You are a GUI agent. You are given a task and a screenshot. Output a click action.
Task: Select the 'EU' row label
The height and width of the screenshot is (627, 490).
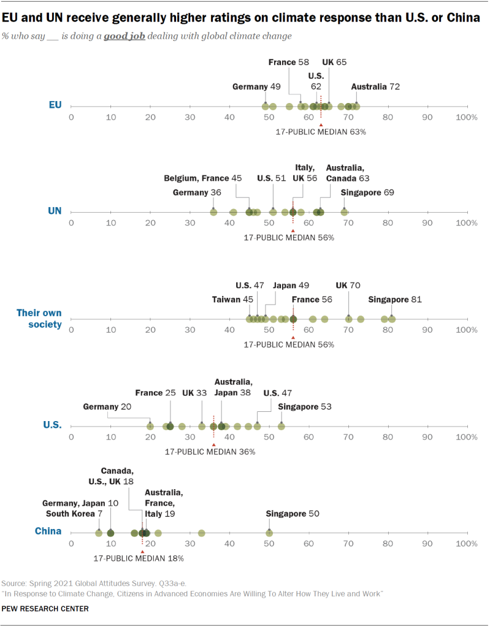[x=55, y=105]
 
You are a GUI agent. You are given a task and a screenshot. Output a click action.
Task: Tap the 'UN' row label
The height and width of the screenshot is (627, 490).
[x=55, y=211]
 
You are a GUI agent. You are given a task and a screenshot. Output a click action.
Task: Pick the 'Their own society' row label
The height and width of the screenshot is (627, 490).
[x=39, y=319]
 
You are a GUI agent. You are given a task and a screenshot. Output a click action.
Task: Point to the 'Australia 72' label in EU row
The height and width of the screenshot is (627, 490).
[x=375, y=87]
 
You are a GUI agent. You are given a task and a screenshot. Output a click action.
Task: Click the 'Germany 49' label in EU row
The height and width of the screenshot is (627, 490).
[x=257, y=87]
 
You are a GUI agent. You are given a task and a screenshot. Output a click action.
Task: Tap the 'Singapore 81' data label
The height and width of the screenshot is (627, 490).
[x=394, y=300]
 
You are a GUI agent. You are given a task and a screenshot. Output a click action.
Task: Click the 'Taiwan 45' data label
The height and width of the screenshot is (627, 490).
[x=232, y=300]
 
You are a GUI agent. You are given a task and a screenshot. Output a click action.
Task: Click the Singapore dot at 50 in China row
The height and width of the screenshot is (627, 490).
[x=269, y=533]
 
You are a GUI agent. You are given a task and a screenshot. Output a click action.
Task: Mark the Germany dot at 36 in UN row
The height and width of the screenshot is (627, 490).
[x=213, y=212]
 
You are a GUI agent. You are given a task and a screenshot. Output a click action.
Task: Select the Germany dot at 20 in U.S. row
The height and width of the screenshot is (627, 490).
[x=150, y=426]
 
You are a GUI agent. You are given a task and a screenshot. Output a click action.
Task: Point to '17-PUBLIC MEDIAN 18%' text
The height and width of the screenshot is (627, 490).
[x=139, y=558]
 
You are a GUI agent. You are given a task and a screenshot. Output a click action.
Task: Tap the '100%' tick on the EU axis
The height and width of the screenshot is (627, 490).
[x=467, y=117]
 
